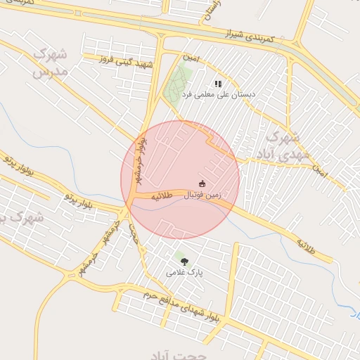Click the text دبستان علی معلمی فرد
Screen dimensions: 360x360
point(219,94)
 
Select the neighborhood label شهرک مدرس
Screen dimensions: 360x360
point(51,63)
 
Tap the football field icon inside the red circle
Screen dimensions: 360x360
point(202,184)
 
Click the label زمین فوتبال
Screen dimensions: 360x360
point(203,194)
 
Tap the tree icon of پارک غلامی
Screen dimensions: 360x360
point(184,262)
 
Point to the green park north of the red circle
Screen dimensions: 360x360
point(179,82)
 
